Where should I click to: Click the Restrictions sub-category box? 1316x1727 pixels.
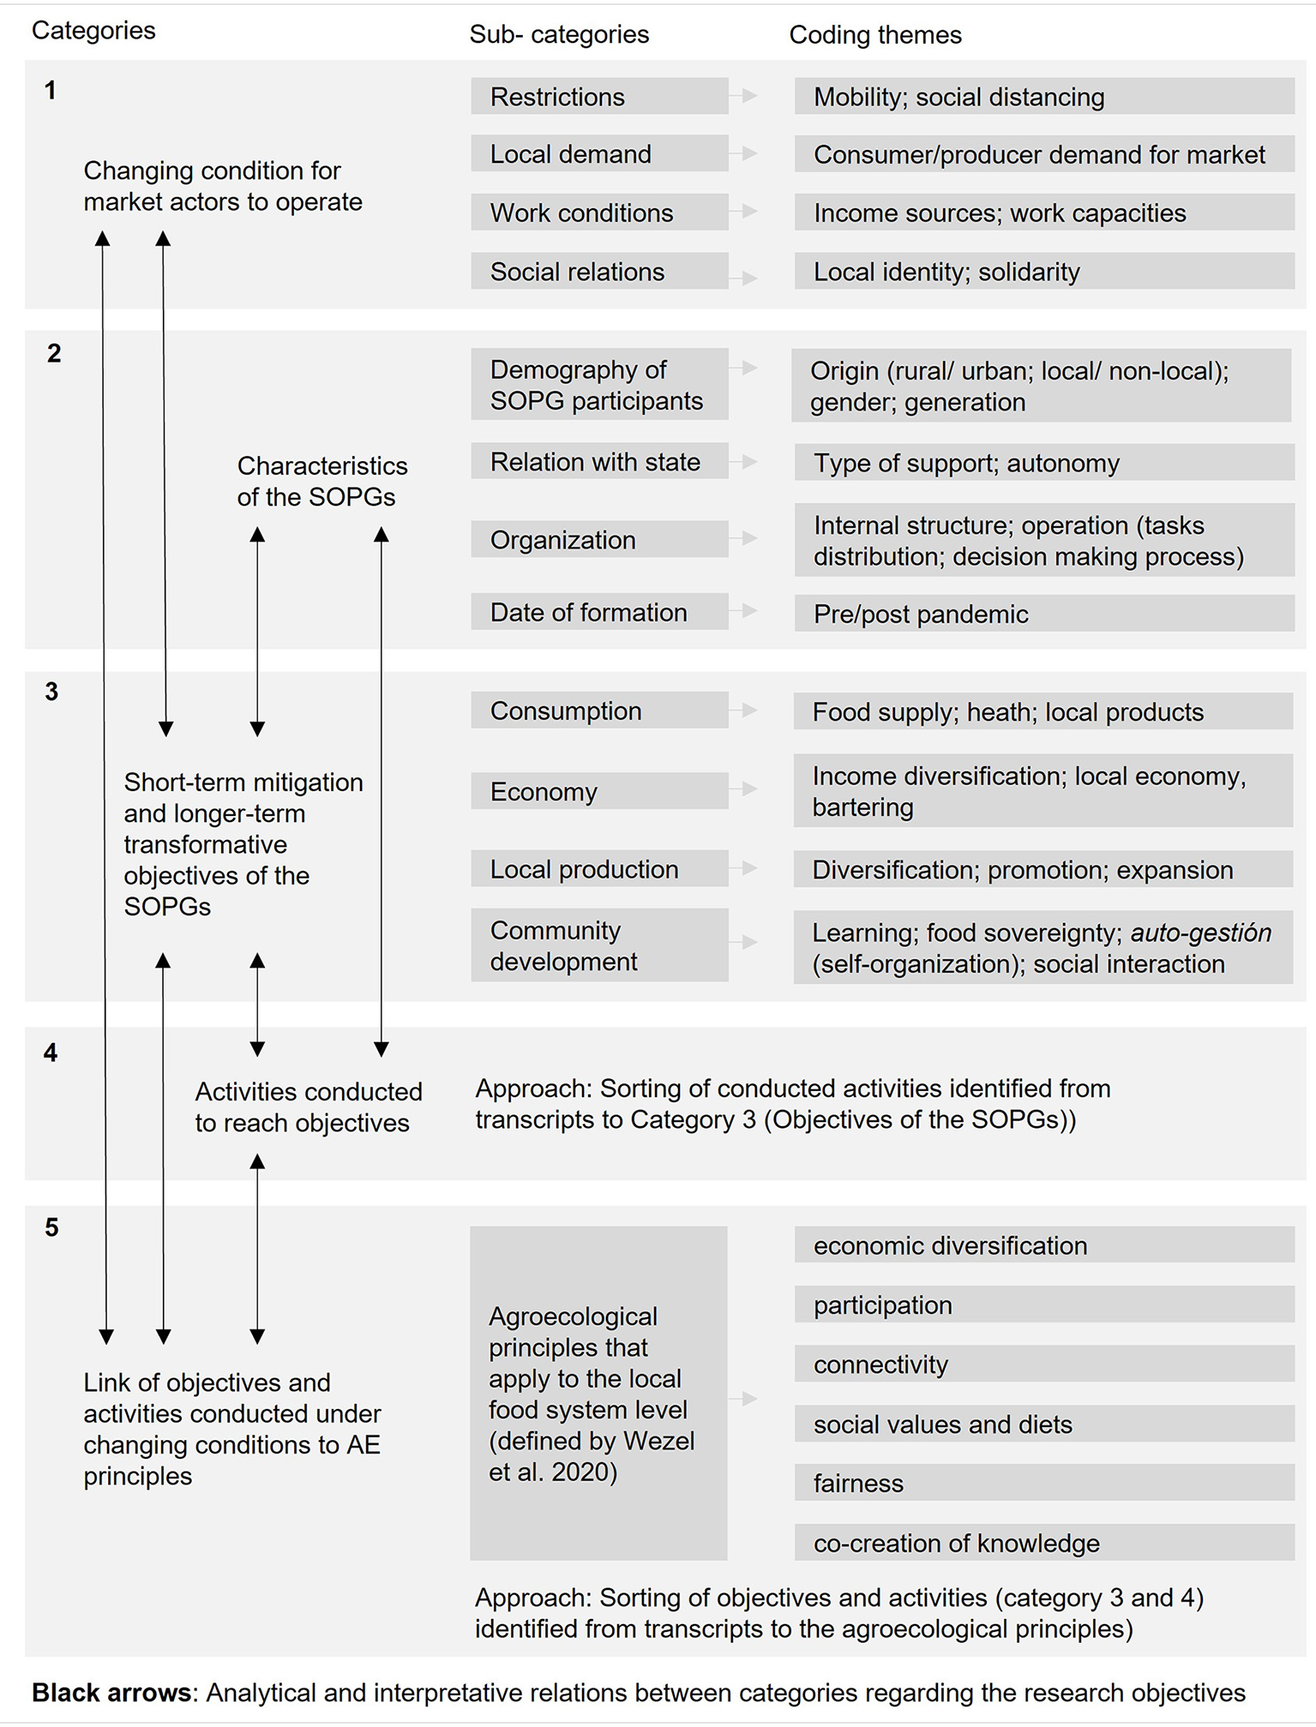(x=598, y=97)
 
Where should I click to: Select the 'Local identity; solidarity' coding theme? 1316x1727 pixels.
(x=1043, y=272)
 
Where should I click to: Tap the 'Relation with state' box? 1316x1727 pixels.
(x=598, y=462)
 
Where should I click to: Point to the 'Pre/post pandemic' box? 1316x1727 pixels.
(x=1043, y=614)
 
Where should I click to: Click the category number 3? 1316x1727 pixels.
(x=51, y=692)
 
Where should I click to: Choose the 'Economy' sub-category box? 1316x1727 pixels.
(x=598, y=791)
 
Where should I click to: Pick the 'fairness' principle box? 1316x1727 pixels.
(x=1043, y=1483)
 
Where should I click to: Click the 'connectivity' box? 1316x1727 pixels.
(x=1043, y=1364)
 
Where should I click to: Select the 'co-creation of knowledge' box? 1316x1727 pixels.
(x=1043, y=1543)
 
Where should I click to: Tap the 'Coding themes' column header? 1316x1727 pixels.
(x=874, y=35)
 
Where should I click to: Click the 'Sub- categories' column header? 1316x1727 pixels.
(x=559, y=35)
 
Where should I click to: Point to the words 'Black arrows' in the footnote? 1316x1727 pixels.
(x=111, y=1693)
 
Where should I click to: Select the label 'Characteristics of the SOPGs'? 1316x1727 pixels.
(x=321, y=481)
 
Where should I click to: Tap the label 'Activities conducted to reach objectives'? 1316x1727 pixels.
(x=308, y=1106)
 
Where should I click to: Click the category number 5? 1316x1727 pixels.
(x=51, y=1227)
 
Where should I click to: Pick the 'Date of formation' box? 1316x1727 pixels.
(x=598, y=612)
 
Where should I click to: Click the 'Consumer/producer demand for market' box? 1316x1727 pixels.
(x=1043, y=154)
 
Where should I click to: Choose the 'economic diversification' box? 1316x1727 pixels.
(x=1043, y=1245)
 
